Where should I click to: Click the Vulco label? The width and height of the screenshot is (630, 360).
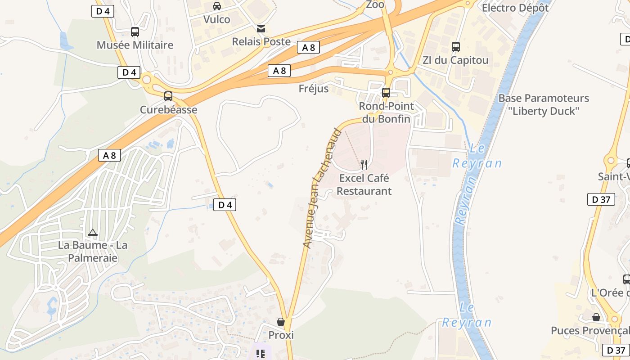pos(216,19)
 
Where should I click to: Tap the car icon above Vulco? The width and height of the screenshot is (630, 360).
pos(217,6)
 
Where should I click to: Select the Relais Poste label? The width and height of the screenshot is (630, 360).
pos(261,41)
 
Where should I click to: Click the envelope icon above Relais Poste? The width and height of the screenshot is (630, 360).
pos(261,29)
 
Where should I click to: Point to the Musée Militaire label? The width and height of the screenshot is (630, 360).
pos(135,45)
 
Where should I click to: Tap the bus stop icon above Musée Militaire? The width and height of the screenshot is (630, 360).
pos(135,32)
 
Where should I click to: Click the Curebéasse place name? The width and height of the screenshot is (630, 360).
pos(168,110)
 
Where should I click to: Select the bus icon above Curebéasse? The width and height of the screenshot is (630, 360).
pos(168,96)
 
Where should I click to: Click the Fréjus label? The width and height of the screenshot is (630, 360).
pos(314,89)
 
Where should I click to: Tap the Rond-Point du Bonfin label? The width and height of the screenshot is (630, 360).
pos(386,112)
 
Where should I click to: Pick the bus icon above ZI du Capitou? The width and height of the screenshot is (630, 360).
pos(456,47)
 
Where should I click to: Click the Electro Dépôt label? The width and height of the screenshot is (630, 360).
pos(515,8)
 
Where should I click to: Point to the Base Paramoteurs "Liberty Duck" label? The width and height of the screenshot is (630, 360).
pos(544,104)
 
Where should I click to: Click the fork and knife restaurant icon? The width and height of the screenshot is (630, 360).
pos(364,165)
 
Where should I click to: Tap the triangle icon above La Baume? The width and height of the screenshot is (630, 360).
pos(93,232)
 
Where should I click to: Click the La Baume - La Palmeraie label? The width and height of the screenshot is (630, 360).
pos(93,252)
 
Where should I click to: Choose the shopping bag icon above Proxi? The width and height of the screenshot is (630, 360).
pos(281,322)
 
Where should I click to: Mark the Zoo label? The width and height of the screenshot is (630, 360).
pos(375,4)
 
